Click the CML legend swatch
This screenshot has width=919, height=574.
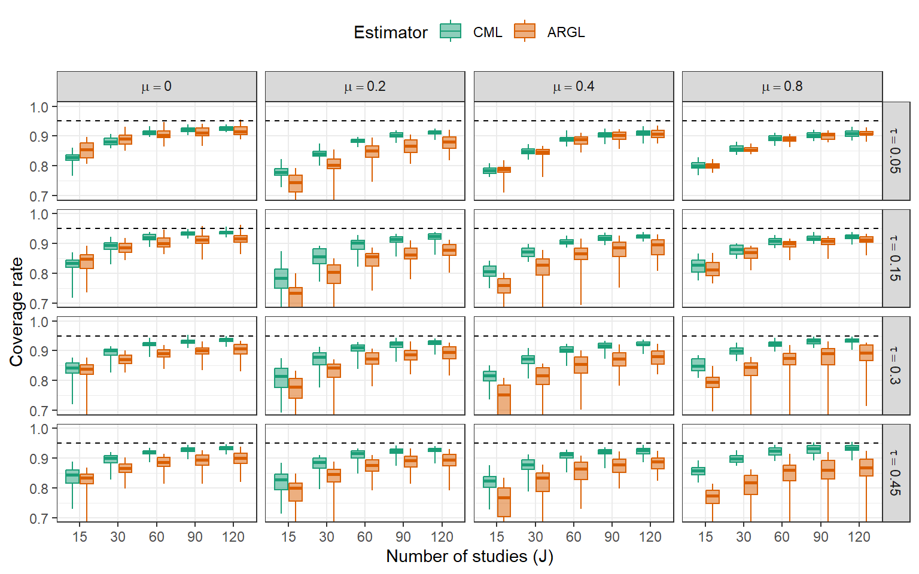click(451, 31)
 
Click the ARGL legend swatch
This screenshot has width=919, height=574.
click(525, 31)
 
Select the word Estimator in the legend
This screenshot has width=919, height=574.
click(391, 32)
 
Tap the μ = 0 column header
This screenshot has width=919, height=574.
click(157, 87)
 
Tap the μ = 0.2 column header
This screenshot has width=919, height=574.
click(365, 87)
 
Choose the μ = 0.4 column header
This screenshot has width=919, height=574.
click(574, 87)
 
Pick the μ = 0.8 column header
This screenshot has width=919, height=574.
click(782, 87)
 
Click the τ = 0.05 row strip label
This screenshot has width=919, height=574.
click(895, 151)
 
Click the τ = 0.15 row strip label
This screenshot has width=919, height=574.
click(895, 258)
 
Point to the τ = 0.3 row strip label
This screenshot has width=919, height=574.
click(895, 366)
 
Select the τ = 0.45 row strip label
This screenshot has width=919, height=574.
click(895, 473)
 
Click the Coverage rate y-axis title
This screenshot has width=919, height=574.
click(16, 312)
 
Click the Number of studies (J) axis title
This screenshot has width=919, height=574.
click(470, 557)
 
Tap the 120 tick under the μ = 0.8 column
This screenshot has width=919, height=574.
click(859, 537)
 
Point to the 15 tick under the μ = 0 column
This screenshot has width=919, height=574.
click(80, 537)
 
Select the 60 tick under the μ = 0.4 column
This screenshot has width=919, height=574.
click(573, 537)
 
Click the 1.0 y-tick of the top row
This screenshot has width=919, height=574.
click(39, 107)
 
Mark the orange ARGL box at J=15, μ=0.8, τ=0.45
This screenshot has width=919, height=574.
click(713, 497)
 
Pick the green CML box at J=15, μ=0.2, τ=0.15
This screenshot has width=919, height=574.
click(281, 279)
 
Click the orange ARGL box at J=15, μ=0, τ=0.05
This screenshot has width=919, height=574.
click(87, 151)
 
